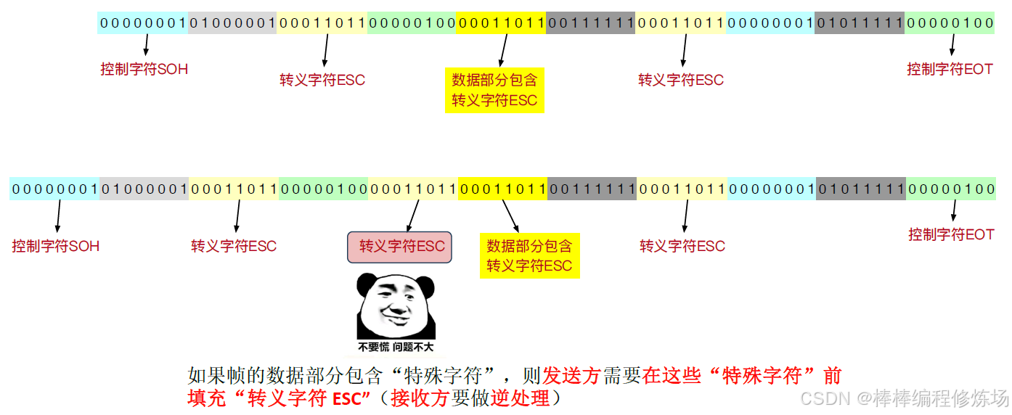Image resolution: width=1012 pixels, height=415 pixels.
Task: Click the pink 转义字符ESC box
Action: click(401, 247)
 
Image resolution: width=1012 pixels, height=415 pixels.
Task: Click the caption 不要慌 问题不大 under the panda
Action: click(396, 347)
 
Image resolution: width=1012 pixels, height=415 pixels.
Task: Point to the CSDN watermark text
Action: click(903, 398)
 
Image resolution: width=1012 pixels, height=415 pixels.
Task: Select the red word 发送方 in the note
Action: click(572, 376)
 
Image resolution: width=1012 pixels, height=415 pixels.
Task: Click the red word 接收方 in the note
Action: click(420, 398)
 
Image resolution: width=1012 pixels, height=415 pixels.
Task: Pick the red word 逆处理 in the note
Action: click(520, 398)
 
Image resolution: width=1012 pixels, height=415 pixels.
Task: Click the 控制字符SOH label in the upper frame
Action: click(144, 70)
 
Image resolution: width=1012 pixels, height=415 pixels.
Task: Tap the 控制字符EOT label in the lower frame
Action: click(951, 234)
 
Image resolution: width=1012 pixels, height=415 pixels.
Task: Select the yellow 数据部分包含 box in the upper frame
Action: click(494, 90)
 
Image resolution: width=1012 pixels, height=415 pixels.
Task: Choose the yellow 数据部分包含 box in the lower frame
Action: click(529, 255)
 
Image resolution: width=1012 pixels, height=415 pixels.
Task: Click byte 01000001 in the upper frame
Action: click(232, 23)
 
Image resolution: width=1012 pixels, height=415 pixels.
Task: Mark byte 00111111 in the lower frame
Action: click(592, 189)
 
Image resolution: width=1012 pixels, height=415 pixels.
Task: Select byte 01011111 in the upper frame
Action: click(860, 23)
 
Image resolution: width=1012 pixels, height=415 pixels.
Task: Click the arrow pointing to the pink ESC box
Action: click(413, 215)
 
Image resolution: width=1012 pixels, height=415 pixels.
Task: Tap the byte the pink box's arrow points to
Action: click(413, 189)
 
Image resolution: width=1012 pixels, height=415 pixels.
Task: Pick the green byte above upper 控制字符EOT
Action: click(949, 23)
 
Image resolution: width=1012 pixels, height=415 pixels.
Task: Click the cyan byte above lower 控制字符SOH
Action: click(54, 189)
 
